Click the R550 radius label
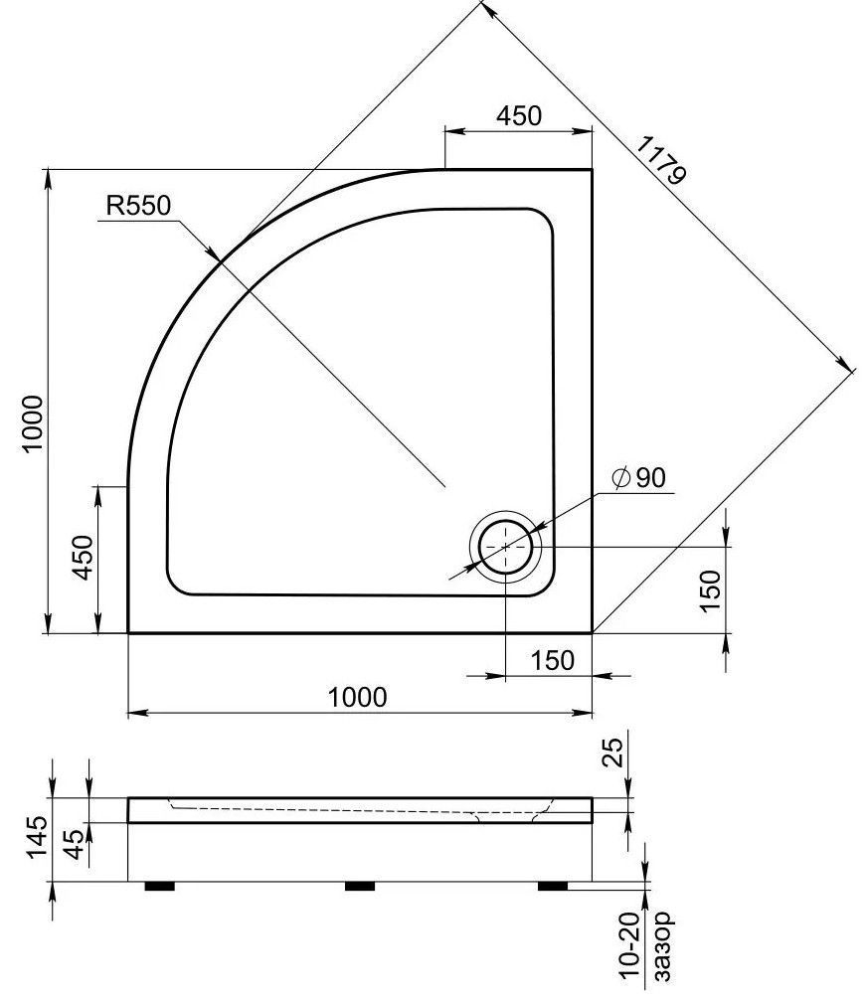138,206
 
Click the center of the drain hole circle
506,546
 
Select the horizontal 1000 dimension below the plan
358,697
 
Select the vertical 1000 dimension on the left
34,423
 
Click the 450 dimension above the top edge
519,116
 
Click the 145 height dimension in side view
35,837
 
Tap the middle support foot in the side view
359,884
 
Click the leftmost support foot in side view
160,884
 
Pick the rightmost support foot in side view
554,884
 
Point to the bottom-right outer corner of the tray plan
593,632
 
